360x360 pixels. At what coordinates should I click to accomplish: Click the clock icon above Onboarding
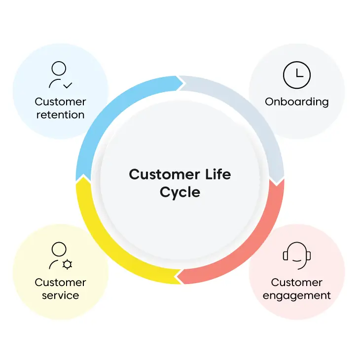point(297,75)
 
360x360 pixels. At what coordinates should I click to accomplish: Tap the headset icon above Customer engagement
point(297,255)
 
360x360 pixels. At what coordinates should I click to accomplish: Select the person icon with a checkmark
point(60,75)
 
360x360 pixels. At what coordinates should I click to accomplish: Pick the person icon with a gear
point(60,255)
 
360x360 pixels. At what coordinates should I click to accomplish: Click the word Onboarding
point(297,102)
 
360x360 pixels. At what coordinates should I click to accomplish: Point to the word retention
point(60,115)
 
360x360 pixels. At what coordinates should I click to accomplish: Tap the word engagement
point(297,296)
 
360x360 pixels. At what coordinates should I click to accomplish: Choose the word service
point(60,295)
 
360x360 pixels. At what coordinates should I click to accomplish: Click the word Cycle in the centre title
point(180,193)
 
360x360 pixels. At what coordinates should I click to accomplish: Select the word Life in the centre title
point(218,174)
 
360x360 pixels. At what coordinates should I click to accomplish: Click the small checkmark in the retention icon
point(68,85)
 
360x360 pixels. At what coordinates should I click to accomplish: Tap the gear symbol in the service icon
point(67,264)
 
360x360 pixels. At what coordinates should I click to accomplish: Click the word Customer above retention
point(60,102)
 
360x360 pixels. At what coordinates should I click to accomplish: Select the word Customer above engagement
point(297,283)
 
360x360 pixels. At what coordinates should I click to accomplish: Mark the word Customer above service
point(60,283)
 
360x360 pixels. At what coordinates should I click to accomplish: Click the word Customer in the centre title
point(164,175)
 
